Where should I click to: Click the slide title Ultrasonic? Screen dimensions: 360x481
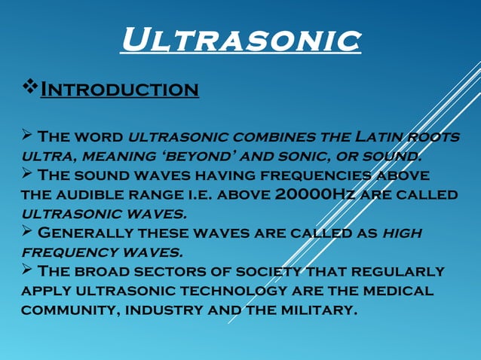[x=240, y=40]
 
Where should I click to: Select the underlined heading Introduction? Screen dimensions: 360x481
[x=119, y=90]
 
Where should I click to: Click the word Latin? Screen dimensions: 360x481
[x=374, y=137]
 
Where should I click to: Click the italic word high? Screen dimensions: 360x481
[x=403, y=233]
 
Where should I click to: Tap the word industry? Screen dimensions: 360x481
[x=158, y=309]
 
